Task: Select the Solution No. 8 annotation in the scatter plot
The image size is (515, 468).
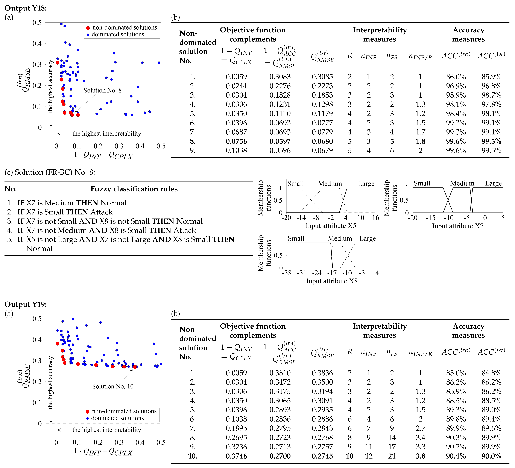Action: point(102,90)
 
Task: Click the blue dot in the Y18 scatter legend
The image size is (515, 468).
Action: point(88,35)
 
